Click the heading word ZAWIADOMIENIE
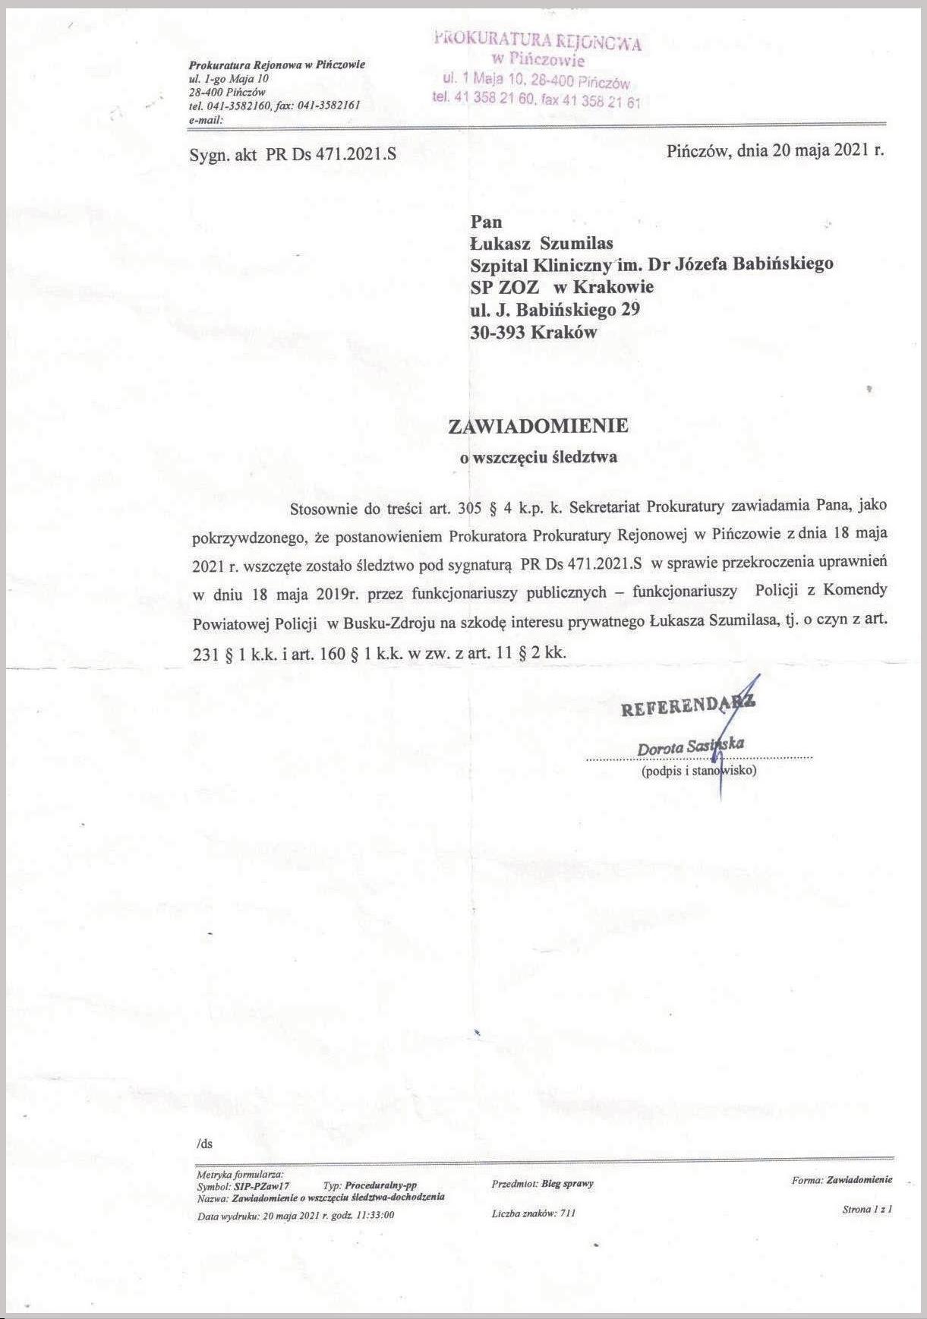(x=538, y=426)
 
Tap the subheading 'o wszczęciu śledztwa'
(x=539, y=457)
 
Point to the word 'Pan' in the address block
(x=487, y=222)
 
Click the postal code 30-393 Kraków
(x=534, y=332)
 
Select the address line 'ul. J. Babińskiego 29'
(x=555, y=309)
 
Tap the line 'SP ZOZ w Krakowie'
(x=562, y=286)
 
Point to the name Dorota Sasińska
(x=691, y=746)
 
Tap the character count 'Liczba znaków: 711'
(x=534, y=1213)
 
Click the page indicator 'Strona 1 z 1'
(x=867, y=1209)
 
